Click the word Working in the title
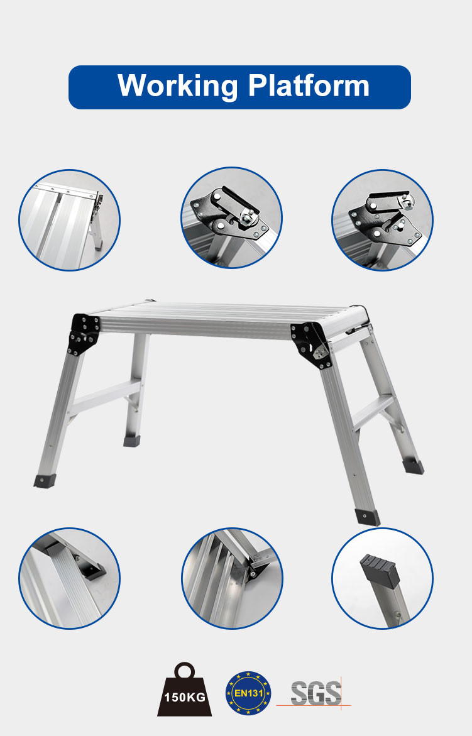pos(177,86)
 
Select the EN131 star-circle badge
pos(249,693)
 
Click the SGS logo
pos(316,693)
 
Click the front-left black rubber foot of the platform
pos(43,481)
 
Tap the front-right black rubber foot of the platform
pos(367,517)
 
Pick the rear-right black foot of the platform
pos(413,466)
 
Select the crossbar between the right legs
pos(374,412)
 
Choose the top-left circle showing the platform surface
pos(69,220)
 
